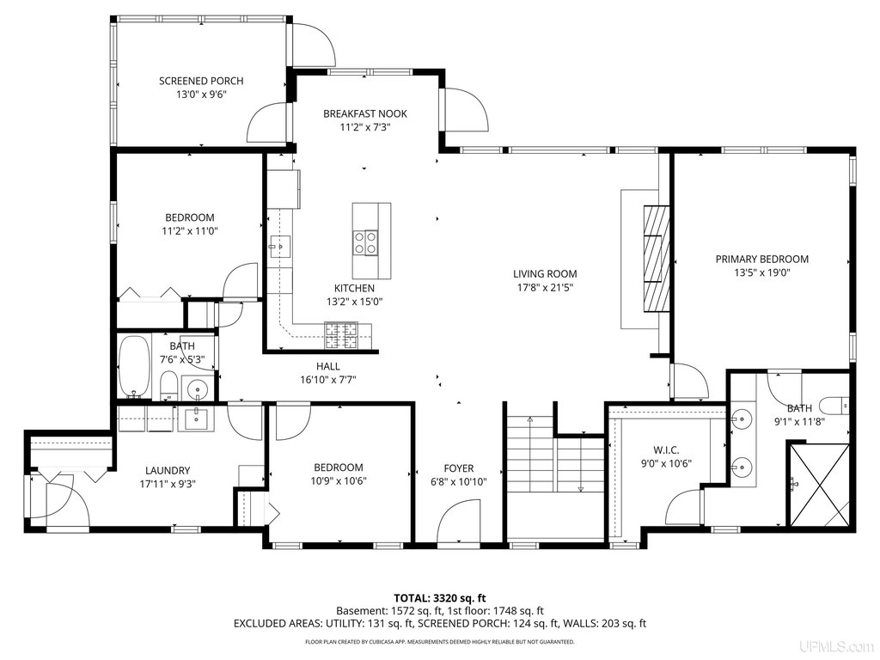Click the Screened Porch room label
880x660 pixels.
click(x=201, y=81)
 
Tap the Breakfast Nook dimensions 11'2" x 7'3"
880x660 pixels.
click(x=364, y=127)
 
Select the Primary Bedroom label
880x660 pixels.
click(x=761, y=260)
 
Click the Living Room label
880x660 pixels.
click(x=545, y=274)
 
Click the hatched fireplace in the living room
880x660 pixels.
click(x=657, y=258)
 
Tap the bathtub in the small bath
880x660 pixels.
click(x=134, y=366)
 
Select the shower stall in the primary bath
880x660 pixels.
click(x=819, y=486)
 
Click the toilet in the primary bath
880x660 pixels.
click(x=834, y=405)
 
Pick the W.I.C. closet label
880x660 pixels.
click(x=666, y=450)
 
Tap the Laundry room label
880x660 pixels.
click(x=168, y=471)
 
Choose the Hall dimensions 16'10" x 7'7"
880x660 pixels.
click(x=328, y=380)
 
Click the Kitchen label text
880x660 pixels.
click(x=354, y=289)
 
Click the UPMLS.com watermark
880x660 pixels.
click(x=844, y=647)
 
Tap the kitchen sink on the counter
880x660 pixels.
click(x=279, y=246)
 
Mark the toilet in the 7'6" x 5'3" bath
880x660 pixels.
click(x=169, y=386)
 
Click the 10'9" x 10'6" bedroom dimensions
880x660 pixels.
click(x=339, y=481)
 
